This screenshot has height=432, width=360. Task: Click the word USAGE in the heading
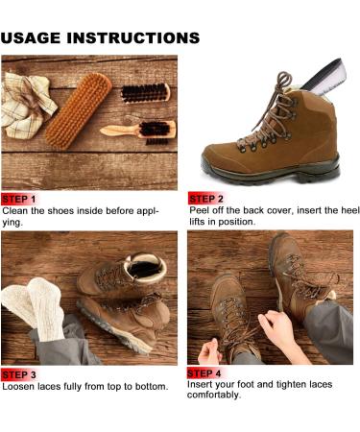coord(31,37)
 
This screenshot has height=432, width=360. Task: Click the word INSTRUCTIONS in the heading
coord(133,37)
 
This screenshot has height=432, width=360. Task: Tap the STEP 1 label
coord(19,200)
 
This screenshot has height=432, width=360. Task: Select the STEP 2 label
coord(205,199)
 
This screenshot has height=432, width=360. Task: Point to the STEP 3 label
coord(19,374)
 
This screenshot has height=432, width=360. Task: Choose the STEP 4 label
coord(204,373)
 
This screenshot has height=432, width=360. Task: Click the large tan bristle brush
coord(79,110)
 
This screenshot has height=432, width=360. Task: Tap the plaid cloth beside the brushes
coord(26,106)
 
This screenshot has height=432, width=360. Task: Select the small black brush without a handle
coord(145,93)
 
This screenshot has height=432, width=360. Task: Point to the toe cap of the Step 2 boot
coord(218,157)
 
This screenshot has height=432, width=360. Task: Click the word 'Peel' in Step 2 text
coord(198,211)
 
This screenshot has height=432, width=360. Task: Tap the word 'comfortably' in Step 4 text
coord(214,396)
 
